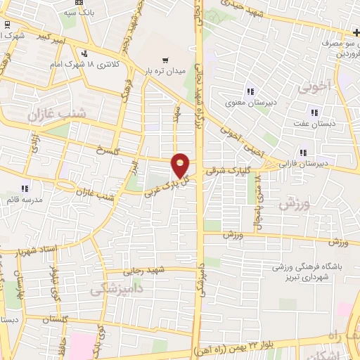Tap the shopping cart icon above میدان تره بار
tap(165, 60)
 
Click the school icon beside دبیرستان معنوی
tap(250, 91)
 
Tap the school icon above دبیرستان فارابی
tap(303, 152)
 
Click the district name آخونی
tap(313, 89)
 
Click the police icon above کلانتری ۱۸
tap(86, 53)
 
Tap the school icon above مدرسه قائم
tap(25, 188)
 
